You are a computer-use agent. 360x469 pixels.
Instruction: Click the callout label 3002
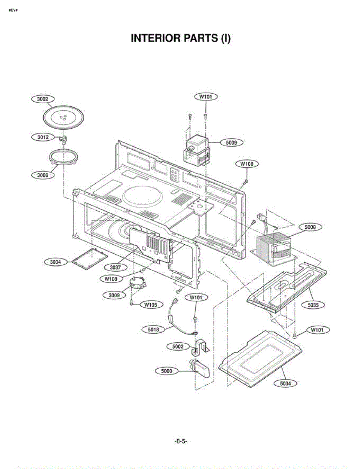coord(43,99)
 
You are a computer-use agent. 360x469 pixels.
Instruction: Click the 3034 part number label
coord(55,262)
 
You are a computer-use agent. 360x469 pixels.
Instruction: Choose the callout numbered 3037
coord(115,268)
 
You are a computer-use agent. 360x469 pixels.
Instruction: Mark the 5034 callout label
coord(285,383)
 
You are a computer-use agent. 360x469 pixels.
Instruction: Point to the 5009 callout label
coord(232,143)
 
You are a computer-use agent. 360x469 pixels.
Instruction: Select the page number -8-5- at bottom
coord(180,441)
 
